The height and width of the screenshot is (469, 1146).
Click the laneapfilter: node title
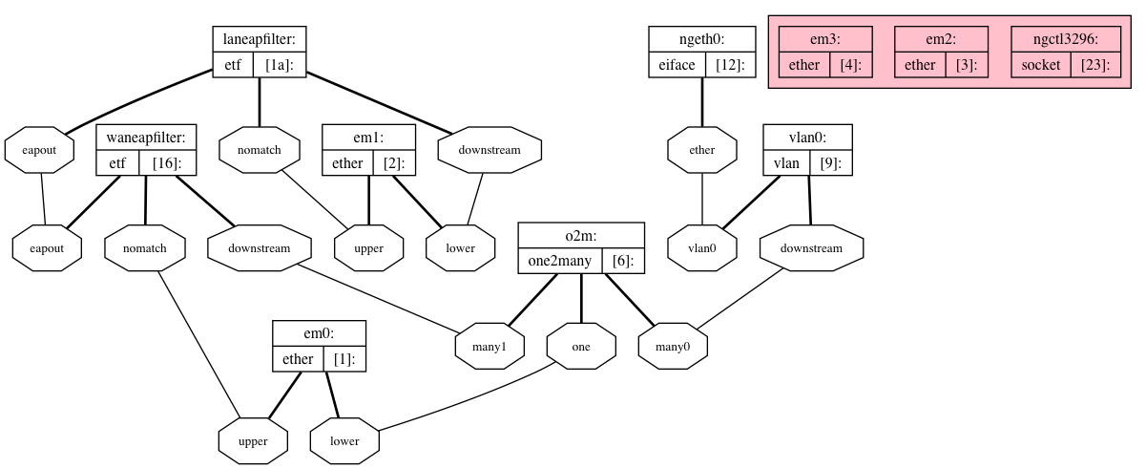(260, 39)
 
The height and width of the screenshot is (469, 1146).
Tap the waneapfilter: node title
(146, 138)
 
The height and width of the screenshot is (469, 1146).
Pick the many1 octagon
(490, 347)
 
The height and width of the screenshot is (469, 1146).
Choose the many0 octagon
(674, 347)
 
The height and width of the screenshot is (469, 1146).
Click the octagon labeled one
(581, 347)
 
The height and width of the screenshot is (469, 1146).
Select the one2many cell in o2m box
(560, 261)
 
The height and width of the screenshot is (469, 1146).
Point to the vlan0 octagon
(701, 248)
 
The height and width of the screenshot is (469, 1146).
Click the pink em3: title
(825, 39)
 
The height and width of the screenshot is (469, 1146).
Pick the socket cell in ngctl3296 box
(1040, 65)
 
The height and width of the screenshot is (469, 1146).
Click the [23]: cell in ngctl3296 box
(1094, 65)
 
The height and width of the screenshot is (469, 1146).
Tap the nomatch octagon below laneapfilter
(260, 150)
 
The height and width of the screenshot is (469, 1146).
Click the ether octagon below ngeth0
(702, 150)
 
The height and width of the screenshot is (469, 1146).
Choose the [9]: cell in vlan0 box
(830, 163)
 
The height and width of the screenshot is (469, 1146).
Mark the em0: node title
(319, 333)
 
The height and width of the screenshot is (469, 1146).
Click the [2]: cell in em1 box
(394, 163)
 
